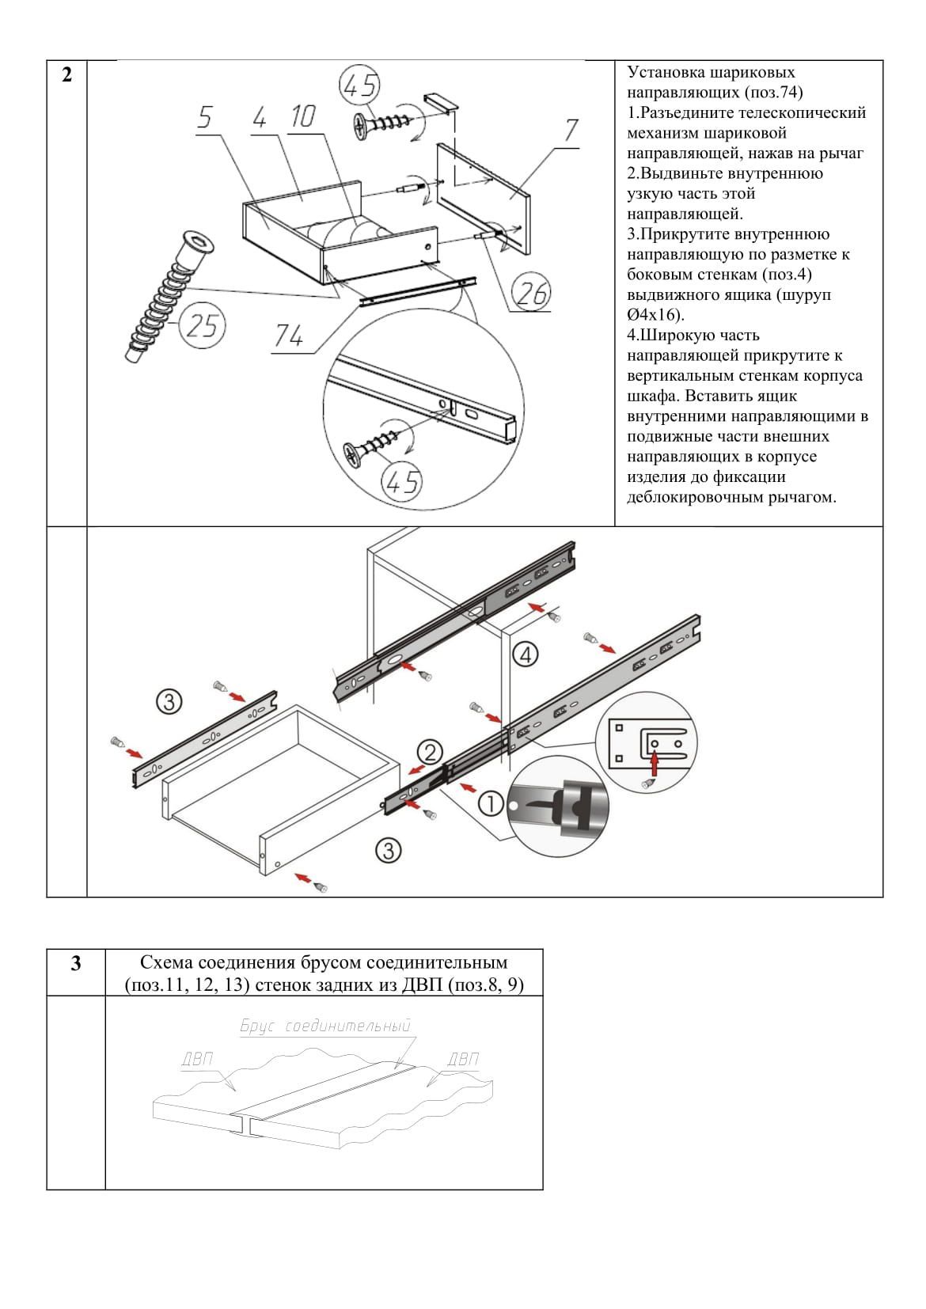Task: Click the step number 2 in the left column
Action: coord(66,76)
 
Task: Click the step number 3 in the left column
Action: coord(75,964)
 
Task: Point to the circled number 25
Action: coord(203,324)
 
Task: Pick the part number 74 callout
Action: coord(288,337)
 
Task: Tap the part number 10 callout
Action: coord(302,116)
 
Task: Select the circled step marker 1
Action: coord(491,805)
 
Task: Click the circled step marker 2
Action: coord(429,752)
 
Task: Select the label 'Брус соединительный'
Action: coord(325,1026)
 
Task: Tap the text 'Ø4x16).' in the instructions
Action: coord(655,315)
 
